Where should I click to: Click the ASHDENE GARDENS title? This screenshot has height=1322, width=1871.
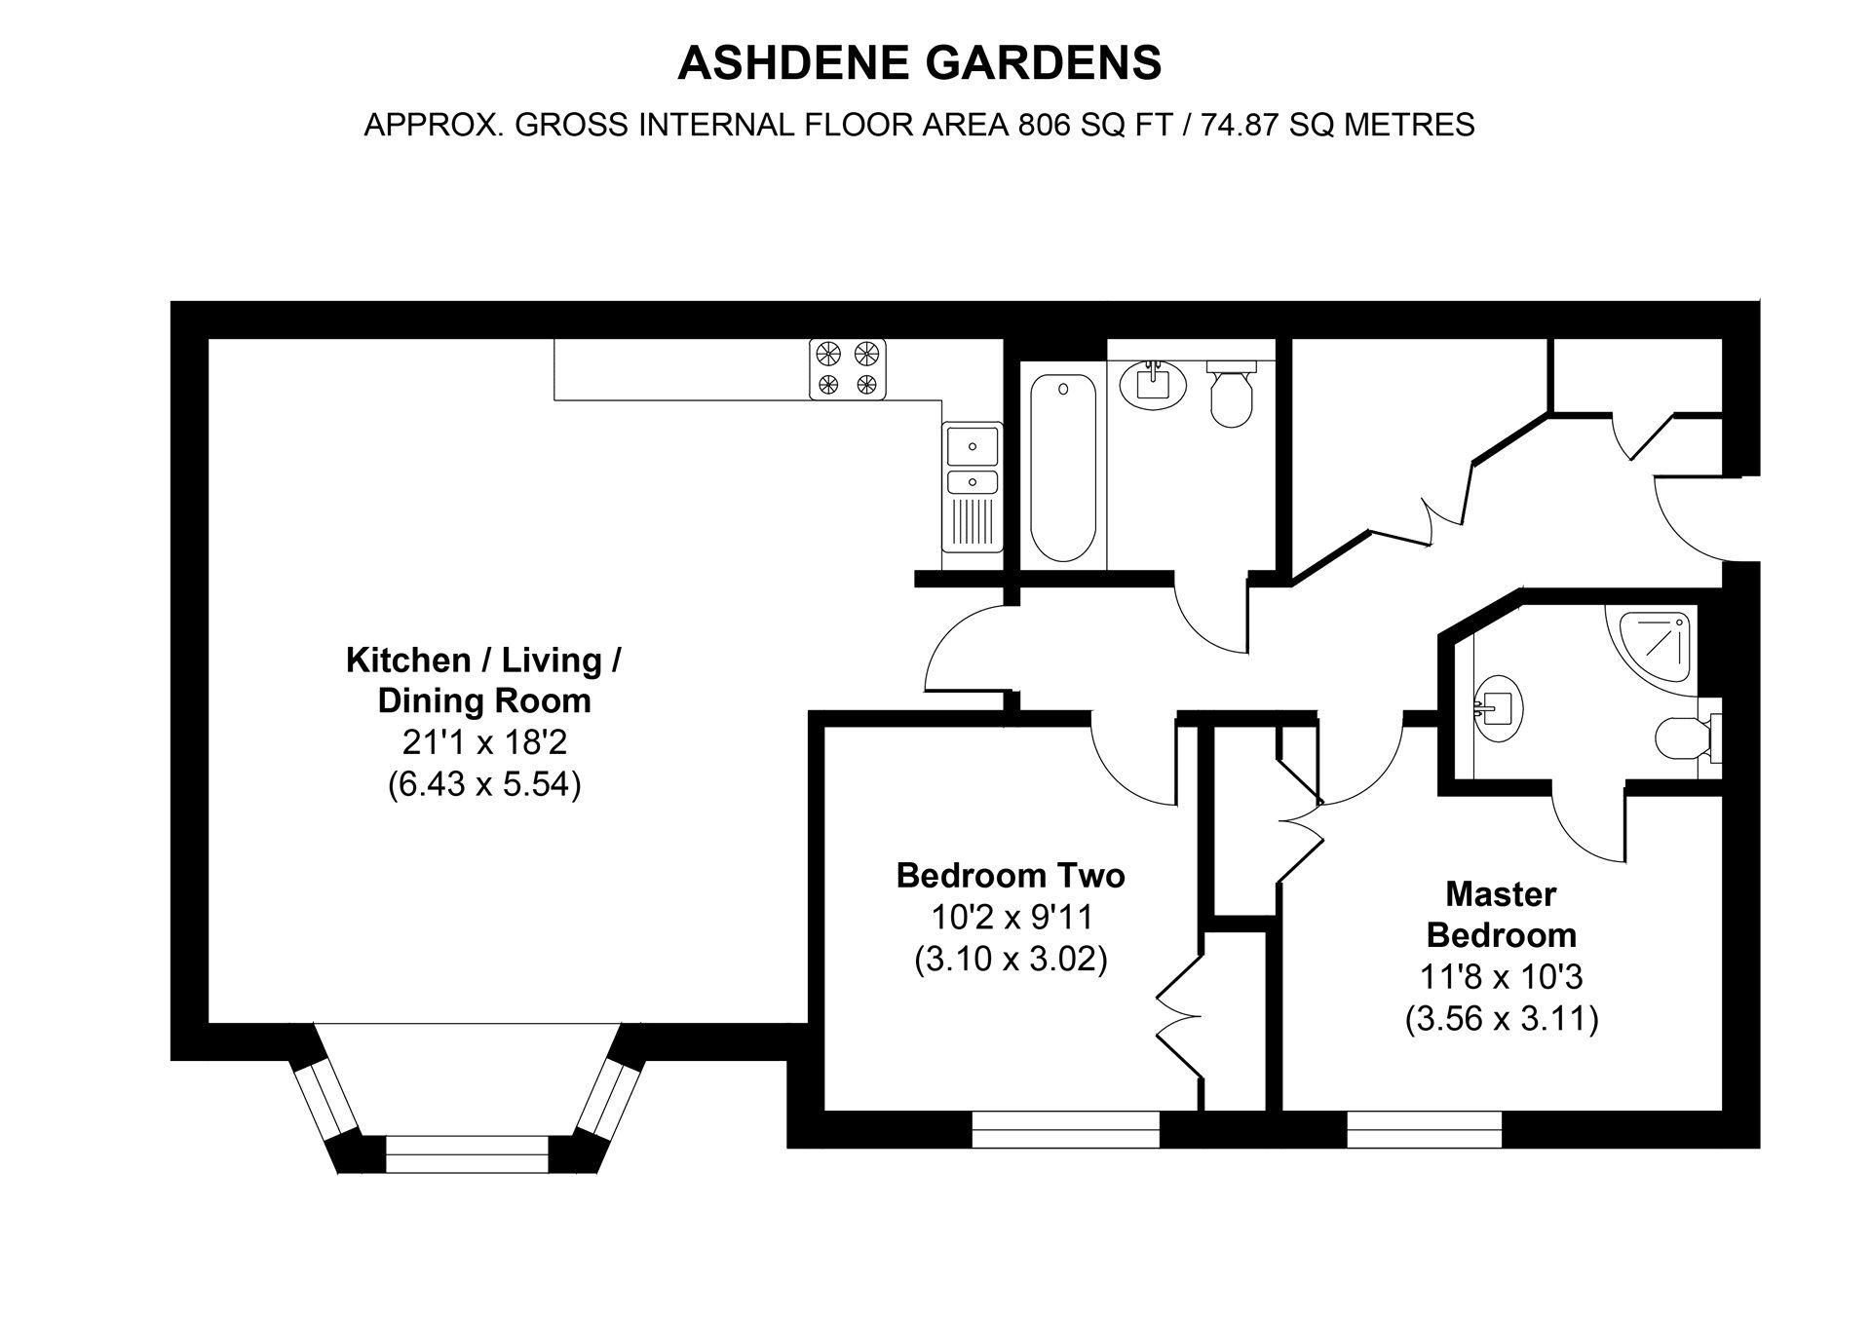pyautogui.click(x=919, y=63)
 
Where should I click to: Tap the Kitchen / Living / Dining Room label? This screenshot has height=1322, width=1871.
pyautogui.click(x=483, y=680)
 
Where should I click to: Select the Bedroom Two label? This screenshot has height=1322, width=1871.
pyautogui.click(x=1011, y=875)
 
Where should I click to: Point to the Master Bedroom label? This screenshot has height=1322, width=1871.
pyautogui.click(x=1501, y=914)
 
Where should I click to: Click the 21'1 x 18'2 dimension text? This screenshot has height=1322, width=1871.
pyautogui.click(x=484, y=743)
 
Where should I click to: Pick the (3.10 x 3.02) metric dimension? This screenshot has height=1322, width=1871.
pyautogui.click(x=1011, y=960)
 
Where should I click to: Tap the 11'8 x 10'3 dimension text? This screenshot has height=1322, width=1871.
pyautogui.click(x=1501, y=976)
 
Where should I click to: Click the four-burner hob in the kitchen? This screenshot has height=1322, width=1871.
pyautogui.click(x=848, y=368)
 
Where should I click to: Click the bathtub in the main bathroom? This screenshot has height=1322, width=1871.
pyautogui.click(x=1063, y=468)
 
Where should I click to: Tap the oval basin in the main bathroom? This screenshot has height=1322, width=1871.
pyautogui.click(x=1153, y=383)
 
